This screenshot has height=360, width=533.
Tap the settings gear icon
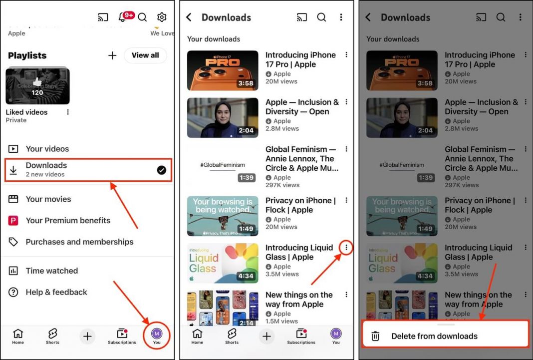(162, 17)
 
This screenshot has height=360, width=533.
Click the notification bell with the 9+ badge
(122, 17)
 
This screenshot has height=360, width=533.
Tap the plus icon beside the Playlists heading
(112, 55)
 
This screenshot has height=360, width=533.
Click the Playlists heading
(27, 55)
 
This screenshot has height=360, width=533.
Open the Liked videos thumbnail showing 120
(37, 86)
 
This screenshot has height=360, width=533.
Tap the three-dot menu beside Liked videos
(68, 112)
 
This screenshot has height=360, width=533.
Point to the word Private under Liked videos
(16, 120)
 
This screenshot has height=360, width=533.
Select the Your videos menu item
(47, 149)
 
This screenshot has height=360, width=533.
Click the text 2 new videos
(45, 174)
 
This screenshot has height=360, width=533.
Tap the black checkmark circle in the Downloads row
(161, 170)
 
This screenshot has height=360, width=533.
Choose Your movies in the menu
(48, 199)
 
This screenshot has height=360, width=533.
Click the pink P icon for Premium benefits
(13, 221)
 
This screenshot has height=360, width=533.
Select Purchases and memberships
(79, 242)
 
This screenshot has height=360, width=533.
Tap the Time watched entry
(52, 271)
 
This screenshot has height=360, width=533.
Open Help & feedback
(56, 292)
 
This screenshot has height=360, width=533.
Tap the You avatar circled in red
(157, 334)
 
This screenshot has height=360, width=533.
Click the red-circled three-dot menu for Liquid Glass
(346, 247)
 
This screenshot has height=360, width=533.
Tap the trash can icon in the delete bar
(375, 336)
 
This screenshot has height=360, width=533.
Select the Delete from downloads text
(434, 336)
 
